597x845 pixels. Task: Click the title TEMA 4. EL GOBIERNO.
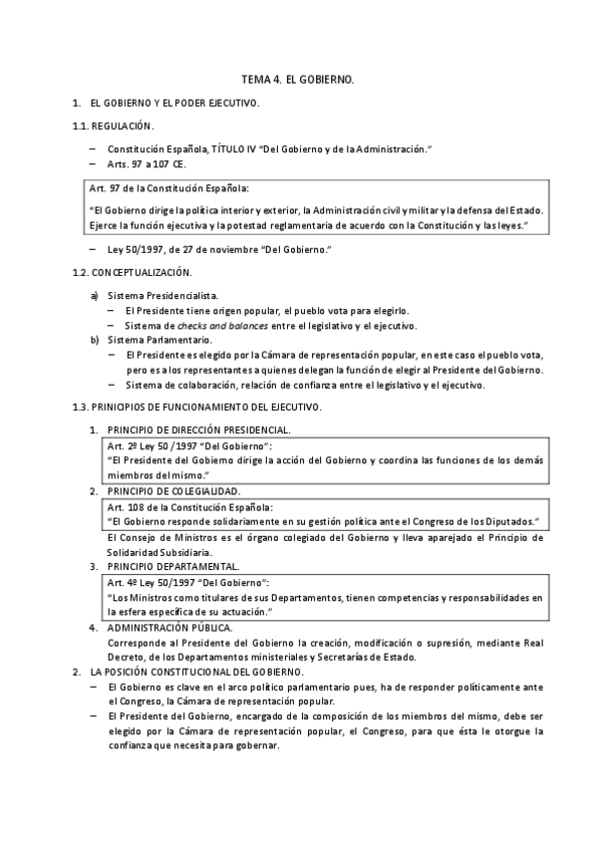(298, 78)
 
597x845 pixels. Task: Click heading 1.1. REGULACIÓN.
(113, 126)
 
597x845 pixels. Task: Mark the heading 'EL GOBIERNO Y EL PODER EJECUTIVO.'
(174, 103)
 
